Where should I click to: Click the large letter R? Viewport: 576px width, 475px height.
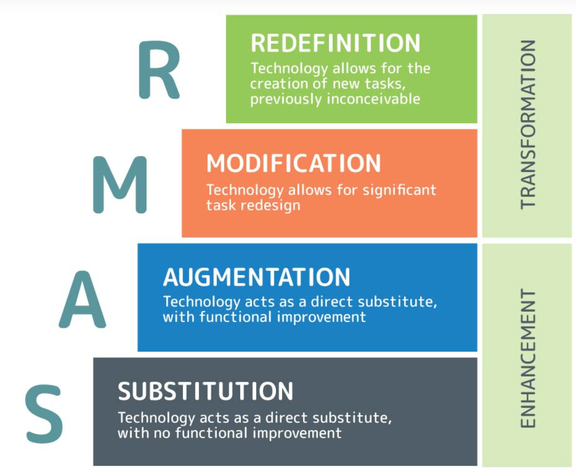coord(158,70)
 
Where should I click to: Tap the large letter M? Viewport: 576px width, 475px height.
coord(120,184)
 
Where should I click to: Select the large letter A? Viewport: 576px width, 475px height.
coord(82,299)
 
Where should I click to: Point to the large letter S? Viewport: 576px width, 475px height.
coord(44,414)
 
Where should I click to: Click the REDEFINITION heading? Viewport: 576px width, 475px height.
coord(335,43)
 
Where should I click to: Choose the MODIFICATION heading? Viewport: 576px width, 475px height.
coord(293,163)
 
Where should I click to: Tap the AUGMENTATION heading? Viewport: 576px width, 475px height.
coord(257,277)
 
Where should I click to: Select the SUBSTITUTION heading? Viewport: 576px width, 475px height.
coord(206,391)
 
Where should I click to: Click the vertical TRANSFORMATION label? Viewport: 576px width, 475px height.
coord(528,124)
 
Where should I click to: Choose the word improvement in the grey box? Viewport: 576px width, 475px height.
coord(297,433)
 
